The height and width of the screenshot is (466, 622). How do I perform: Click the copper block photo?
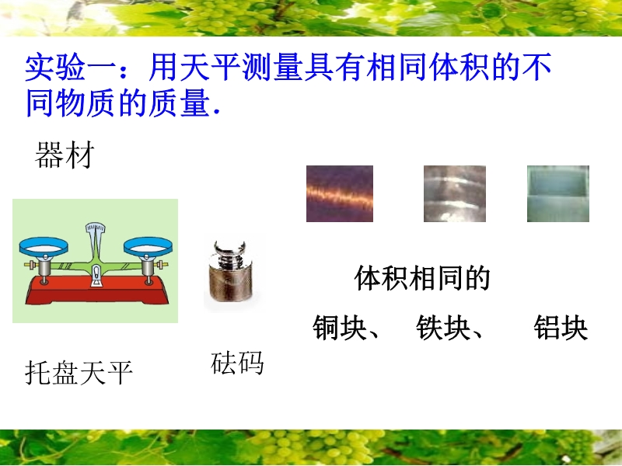pyautogui.click(x=340, y=193)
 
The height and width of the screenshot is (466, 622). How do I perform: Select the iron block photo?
pyautogui.click(x=455, y=193)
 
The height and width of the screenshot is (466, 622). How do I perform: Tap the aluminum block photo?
pyautogui.click(x=558, y=193)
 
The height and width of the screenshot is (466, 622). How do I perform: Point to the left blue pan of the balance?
pyautogui.click(x=44, y=247)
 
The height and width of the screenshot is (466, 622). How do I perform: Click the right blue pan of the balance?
pyautogui.click(x=148, y=247)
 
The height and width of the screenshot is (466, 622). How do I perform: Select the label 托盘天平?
pyautogui.click(x=79, y=373)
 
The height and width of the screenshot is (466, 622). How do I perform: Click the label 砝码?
pyautogui.click(x=237, y=363)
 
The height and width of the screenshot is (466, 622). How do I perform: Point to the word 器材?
pyautogui.click(x=65, y=155)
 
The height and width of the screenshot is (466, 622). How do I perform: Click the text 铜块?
pyautogui.click(x=339, y=328)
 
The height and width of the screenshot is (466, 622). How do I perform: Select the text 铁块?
pyautogui.click(x=442, y=328)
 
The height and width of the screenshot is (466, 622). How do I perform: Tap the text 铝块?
pyautogui.click(x=561, y=328)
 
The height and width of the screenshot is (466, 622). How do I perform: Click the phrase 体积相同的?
pyautogui.click(x=422, y=278)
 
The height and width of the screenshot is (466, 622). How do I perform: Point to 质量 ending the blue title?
pyautogui.click(x=180, y=103)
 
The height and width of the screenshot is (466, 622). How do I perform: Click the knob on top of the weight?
pyautogui.click(x=230, y=248)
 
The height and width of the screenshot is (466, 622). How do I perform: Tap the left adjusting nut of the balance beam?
pyautogui.click(x=29, y=264)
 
